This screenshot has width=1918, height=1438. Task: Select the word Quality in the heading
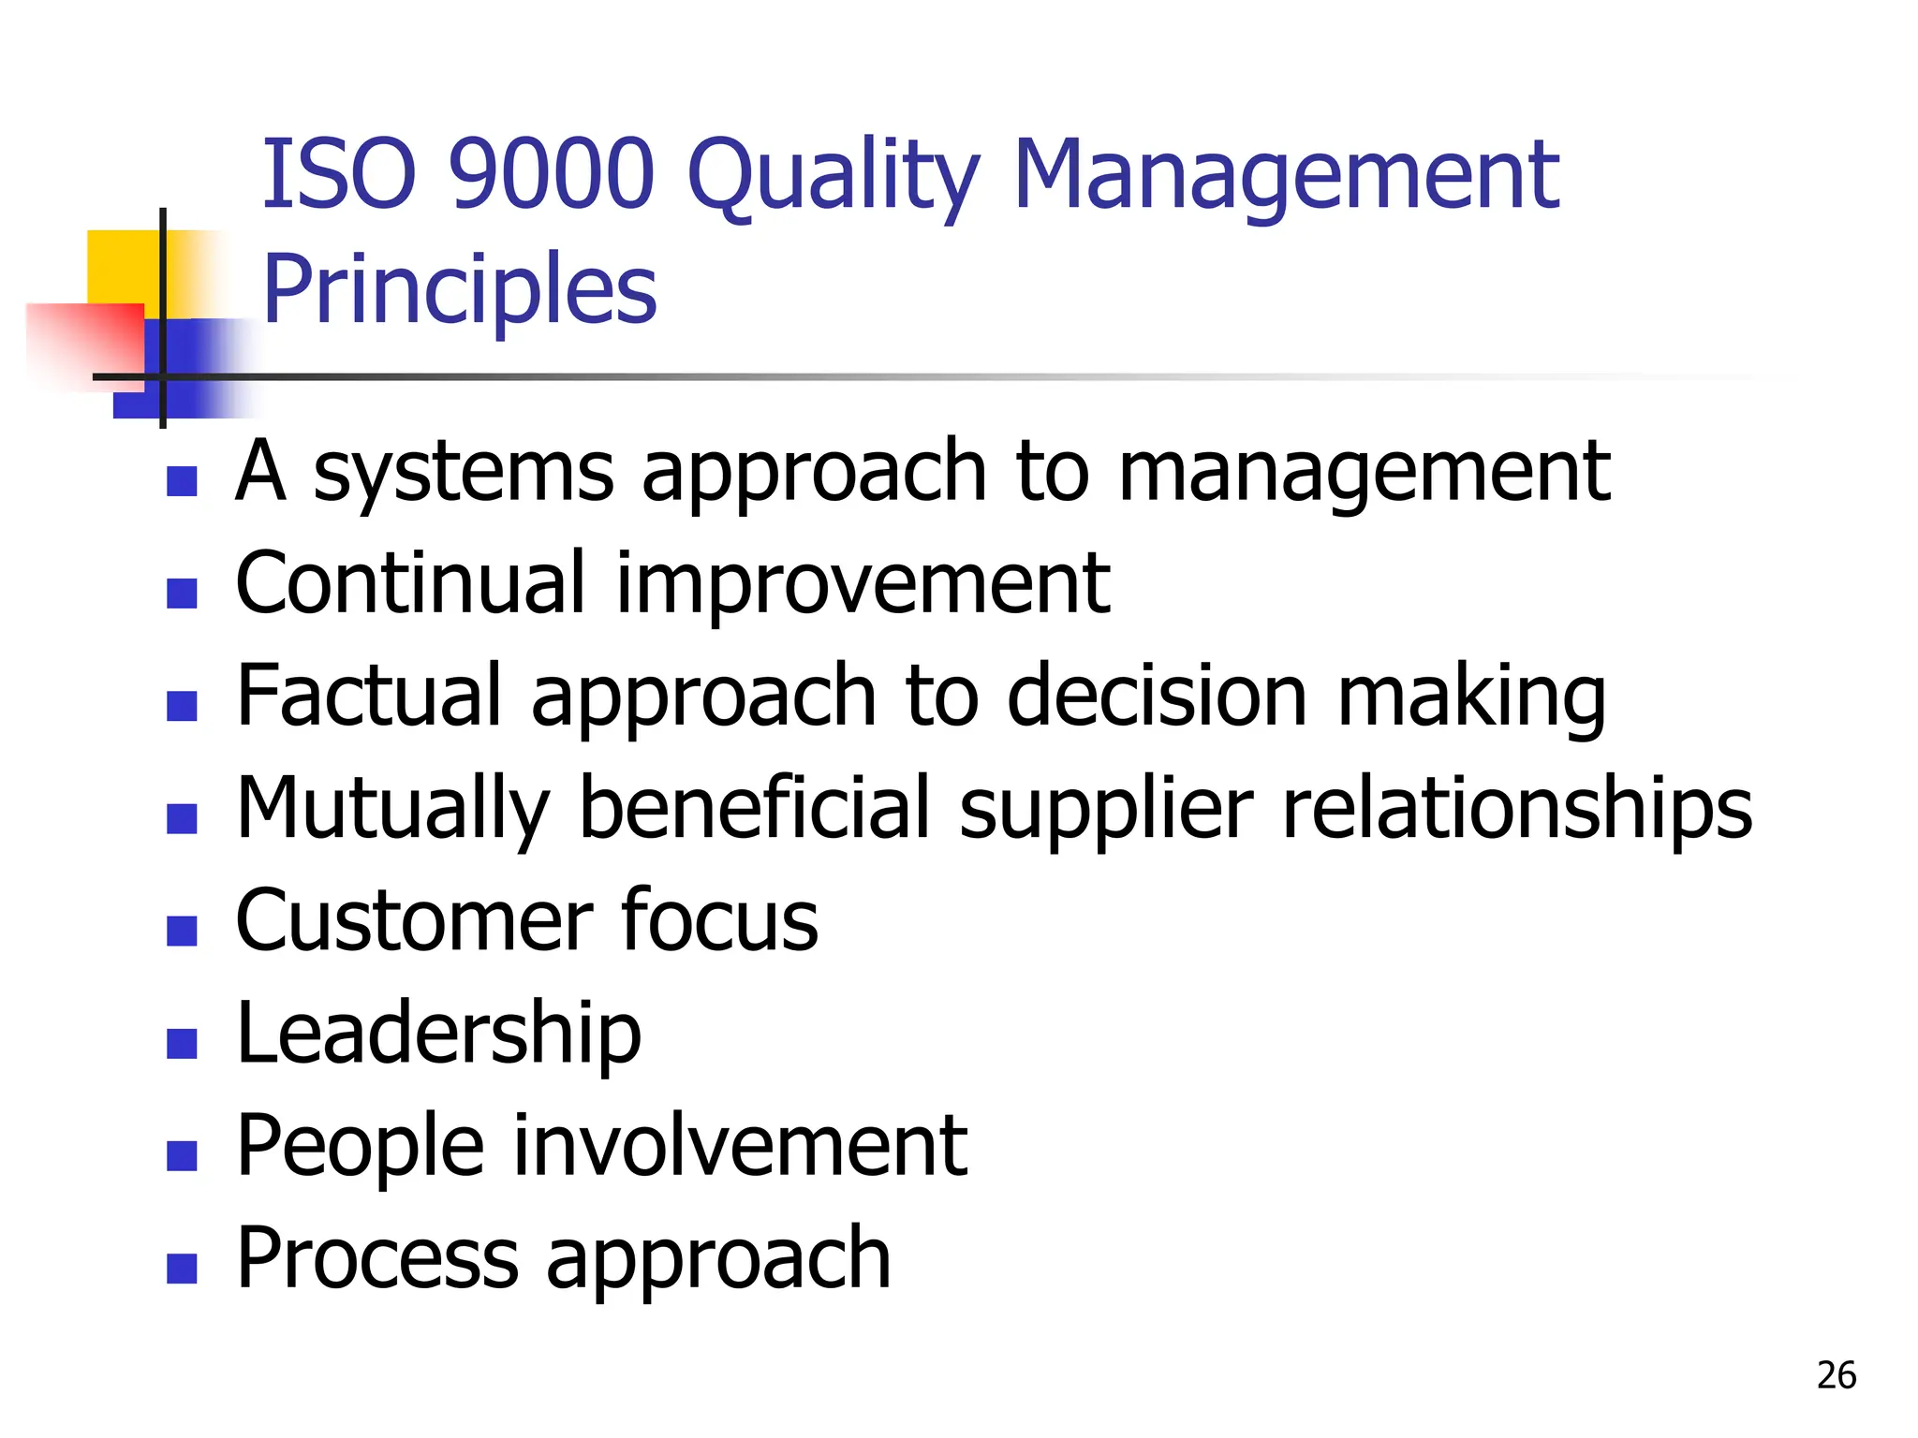point(834,178)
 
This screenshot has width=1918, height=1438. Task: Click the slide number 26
point(1836,1375)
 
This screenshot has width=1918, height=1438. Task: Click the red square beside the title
point(89,342)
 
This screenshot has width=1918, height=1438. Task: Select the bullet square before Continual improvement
point(182,593)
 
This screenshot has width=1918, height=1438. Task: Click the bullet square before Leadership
point(182,1043)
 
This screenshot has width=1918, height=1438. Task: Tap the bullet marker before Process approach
point(182,1268)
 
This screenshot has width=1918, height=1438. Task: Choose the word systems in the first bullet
point(463,472)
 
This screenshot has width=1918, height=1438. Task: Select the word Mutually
point(392,811)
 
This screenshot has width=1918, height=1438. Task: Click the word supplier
point(1106,811)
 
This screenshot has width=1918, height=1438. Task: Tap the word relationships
point(1516,811)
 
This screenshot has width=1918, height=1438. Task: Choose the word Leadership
point(438,1034)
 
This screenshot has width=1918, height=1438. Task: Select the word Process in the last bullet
point(376,1258)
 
